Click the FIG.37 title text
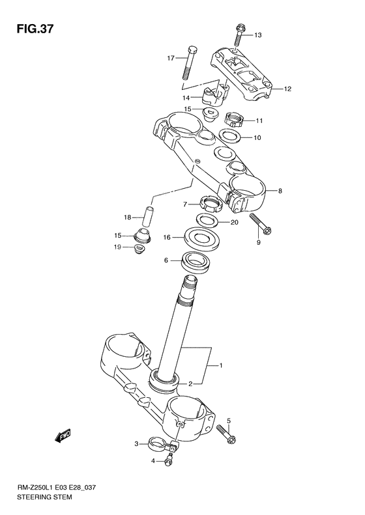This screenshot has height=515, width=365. tap(35, 29)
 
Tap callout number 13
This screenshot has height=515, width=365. tap(258, 35)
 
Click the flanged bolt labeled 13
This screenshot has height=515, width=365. tap(239, 35)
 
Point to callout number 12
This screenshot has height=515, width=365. tap(287, 89)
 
